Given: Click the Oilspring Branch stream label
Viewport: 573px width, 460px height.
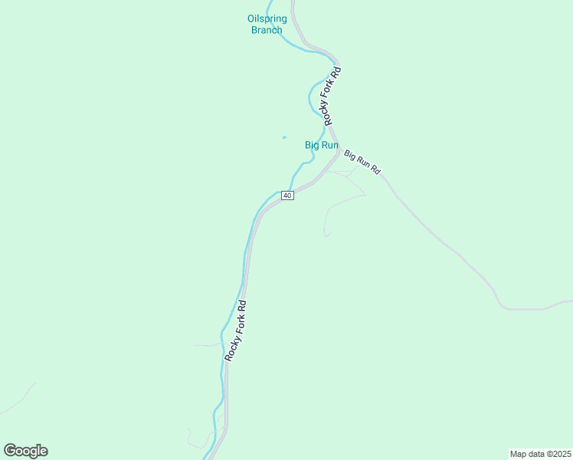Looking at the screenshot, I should point(267,25).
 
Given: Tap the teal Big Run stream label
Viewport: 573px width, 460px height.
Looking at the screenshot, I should point(322,144).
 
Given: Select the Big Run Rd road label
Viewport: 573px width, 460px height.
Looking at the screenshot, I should point(362,162).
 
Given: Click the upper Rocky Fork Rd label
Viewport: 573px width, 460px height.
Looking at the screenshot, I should point(331,97).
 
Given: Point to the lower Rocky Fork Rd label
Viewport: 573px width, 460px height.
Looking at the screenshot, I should point(236,330).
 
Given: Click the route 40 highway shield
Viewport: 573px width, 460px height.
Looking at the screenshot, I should point(287,195).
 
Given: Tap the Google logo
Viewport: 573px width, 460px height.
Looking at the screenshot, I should point(25,451).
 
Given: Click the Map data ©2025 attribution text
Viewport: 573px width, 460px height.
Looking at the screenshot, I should point(540,453).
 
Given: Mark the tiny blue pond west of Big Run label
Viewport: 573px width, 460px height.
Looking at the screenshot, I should point(284,137).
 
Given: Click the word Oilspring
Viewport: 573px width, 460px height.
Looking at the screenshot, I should point(267,19).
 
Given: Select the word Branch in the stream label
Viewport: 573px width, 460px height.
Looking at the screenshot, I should point(267,30).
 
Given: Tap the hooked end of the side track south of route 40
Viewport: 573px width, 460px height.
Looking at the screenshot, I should point(326,235).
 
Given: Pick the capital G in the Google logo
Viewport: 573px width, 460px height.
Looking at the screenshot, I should point(10,451).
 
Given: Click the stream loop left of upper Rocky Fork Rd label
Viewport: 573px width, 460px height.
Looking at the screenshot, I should point(313,96).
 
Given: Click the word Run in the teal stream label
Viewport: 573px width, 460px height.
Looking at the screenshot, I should point(330,144).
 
